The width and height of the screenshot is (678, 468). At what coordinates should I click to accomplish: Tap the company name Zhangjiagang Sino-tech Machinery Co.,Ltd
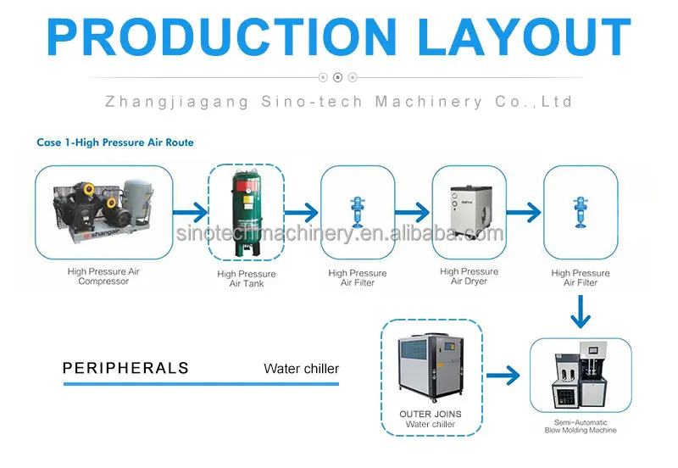click(x=338, y=102)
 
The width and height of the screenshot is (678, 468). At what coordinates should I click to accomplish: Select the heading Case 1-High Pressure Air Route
click(x=115, y=142)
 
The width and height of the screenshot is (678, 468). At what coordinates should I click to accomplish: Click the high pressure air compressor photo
click(x=103, y=209)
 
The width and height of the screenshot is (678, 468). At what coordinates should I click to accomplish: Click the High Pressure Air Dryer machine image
click(x=469, y=210)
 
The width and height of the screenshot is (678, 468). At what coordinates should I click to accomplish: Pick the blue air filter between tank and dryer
click(x=357, y=211)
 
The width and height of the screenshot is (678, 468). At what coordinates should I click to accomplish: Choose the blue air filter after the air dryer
click(x=581, y=211)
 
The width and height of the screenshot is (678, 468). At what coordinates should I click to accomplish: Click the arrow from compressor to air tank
click(x=190, y=212)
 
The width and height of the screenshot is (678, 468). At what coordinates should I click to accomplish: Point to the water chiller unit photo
click(x=430, y=367)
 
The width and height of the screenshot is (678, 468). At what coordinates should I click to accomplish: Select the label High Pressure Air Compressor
click(x=103, y=276)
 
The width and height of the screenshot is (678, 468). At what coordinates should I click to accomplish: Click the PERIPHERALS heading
click(x=125, y=369)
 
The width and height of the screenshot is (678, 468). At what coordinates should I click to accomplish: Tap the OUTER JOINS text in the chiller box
click(x=431, y=415)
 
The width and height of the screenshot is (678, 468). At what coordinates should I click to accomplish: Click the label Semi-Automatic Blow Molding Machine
click(x=581, y=426)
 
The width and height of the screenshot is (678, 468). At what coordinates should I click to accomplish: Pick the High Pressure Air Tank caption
click(x=247, y=278)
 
